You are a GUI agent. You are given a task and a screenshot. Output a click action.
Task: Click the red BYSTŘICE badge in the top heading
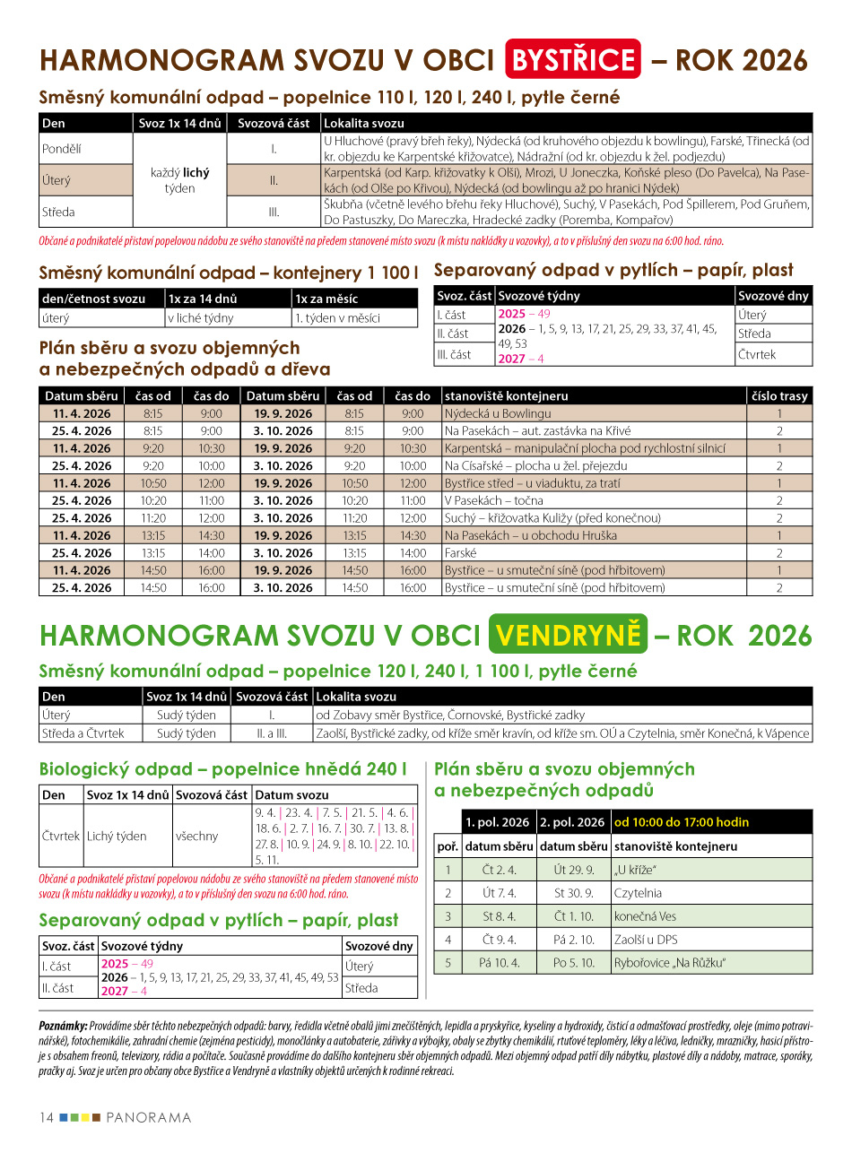click(x=573, y=59)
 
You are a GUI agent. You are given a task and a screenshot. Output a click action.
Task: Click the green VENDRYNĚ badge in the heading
click(x=569, y=635)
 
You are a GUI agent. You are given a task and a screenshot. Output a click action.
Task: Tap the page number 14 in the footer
click(x=47, y=1117)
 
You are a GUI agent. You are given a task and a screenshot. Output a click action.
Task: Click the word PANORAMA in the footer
click(x=149, y=1117)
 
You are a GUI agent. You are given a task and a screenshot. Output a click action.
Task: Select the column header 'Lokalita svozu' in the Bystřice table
click(x=364, y=123)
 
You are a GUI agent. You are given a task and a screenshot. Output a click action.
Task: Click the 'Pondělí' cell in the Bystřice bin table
click(x=62, y=149)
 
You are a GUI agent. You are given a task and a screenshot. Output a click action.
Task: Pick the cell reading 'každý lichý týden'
click(x=179, y=180)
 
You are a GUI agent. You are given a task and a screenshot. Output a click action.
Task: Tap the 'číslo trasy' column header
click(x=779, y=395)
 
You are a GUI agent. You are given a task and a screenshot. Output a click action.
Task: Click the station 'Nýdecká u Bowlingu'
click(x=498, y=413)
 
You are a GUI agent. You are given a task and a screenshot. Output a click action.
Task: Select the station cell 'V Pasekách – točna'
click(x=494, y=500)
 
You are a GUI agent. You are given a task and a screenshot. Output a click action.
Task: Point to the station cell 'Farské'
click(x=461, y=553)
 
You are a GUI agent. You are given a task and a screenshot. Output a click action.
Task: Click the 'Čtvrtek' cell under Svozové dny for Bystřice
click(x=757, y=354)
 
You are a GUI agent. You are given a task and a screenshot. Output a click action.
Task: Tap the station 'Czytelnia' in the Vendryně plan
click(x=639, y=893)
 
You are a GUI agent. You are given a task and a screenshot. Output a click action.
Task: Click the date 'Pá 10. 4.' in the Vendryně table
click(x=500, y=963)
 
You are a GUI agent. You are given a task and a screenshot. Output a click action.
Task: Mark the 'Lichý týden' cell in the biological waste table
click(x=117, y=836)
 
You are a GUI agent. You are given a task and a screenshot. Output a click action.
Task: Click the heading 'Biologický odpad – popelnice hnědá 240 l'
click(x=222, y=768)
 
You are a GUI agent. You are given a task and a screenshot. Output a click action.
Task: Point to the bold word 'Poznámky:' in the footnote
click(x=63, y=1025)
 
